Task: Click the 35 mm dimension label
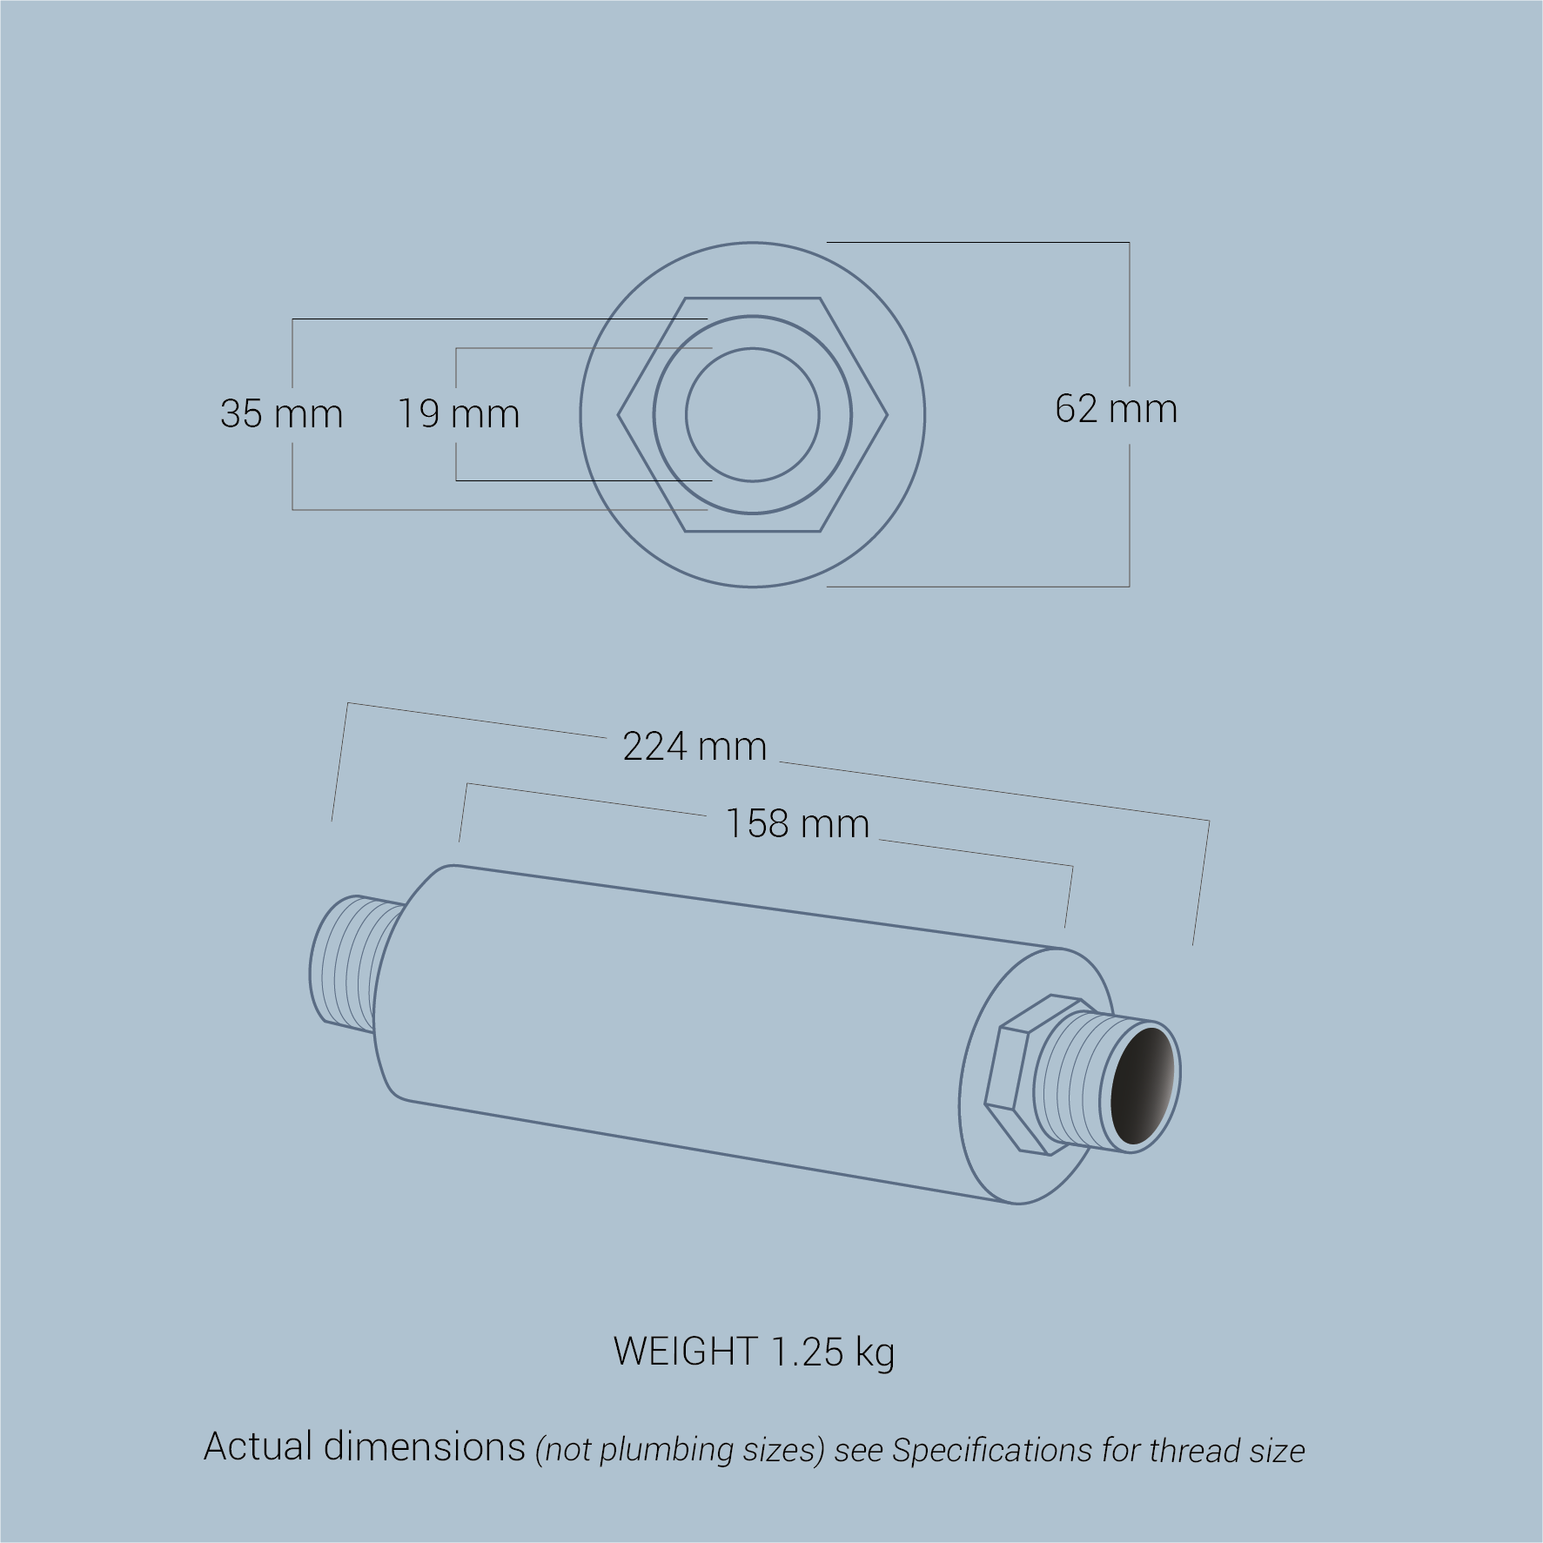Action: click(281, 413)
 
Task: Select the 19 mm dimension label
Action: click(459, 413)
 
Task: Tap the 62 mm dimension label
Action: click(1116, 408)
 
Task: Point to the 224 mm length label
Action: click(694, 747)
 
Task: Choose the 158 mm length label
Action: click(797, 823)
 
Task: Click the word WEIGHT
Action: click(685, 1351)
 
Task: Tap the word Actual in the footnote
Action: click(258, 1446)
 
